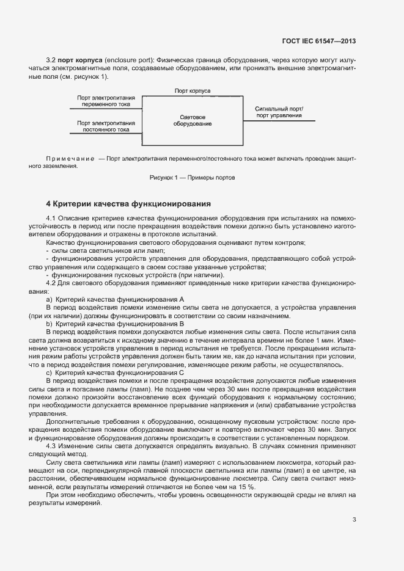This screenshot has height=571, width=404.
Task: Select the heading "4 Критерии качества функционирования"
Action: (x=128, y=203)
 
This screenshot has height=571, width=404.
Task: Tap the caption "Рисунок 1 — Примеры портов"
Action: (x=193, y=178)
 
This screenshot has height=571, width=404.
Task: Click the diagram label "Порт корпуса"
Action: (x=193, y=91)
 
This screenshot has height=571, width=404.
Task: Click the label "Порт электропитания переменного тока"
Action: (x=106, y=101)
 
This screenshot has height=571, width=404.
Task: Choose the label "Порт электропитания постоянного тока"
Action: (x=106, y=126)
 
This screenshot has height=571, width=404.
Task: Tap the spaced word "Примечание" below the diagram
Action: (x=70, y=159)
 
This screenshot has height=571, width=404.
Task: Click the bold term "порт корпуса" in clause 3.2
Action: (x=79, y=61)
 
